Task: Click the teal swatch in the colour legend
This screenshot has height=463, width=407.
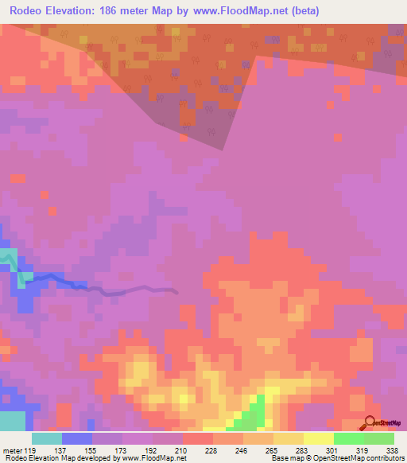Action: (46, 439)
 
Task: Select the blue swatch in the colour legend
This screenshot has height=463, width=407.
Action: (76, 439)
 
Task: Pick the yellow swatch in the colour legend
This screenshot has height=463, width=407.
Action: (318, 439)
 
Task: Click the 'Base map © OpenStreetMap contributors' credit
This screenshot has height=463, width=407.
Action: (337, 457)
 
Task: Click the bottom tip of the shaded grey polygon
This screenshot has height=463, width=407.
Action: (223, 150)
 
